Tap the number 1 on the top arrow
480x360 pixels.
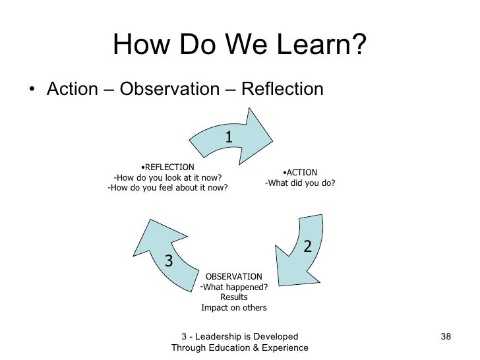click(x=228, y=136)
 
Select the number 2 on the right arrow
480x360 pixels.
click(x=307, y=246)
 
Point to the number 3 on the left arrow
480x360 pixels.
click(x=169, y=261)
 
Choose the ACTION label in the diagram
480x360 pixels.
click(x=301, y=173)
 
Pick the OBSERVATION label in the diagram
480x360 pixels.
click(x=234, y=276)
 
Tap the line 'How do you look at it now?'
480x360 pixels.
click(x=167, y=177)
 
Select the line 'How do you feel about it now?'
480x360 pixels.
click(x=167, y=187)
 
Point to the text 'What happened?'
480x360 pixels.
click(x=233, y=287)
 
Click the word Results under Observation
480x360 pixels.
click(x=234, y=297)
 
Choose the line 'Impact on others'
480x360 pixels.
click(x=234, y=308)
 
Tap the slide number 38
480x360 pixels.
click(x=445, y=337)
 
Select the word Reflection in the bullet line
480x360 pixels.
click(x=283, y=88)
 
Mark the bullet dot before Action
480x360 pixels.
click(x=32, y=89)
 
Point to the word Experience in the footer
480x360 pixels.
click(x=284, y=347)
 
